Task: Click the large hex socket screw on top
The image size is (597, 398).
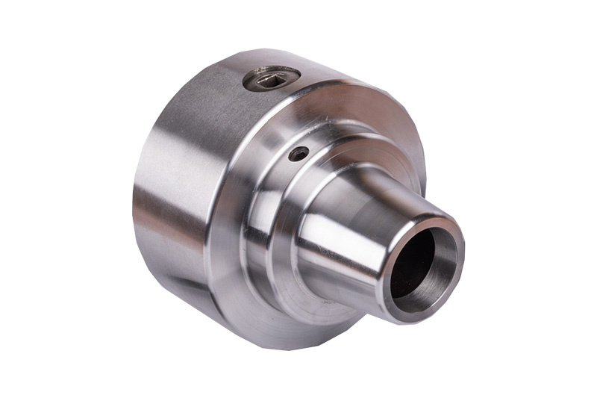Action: (272, 78)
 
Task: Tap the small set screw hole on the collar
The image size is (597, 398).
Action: (298, 154)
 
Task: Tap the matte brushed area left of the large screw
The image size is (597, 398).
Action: (209, 97)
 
